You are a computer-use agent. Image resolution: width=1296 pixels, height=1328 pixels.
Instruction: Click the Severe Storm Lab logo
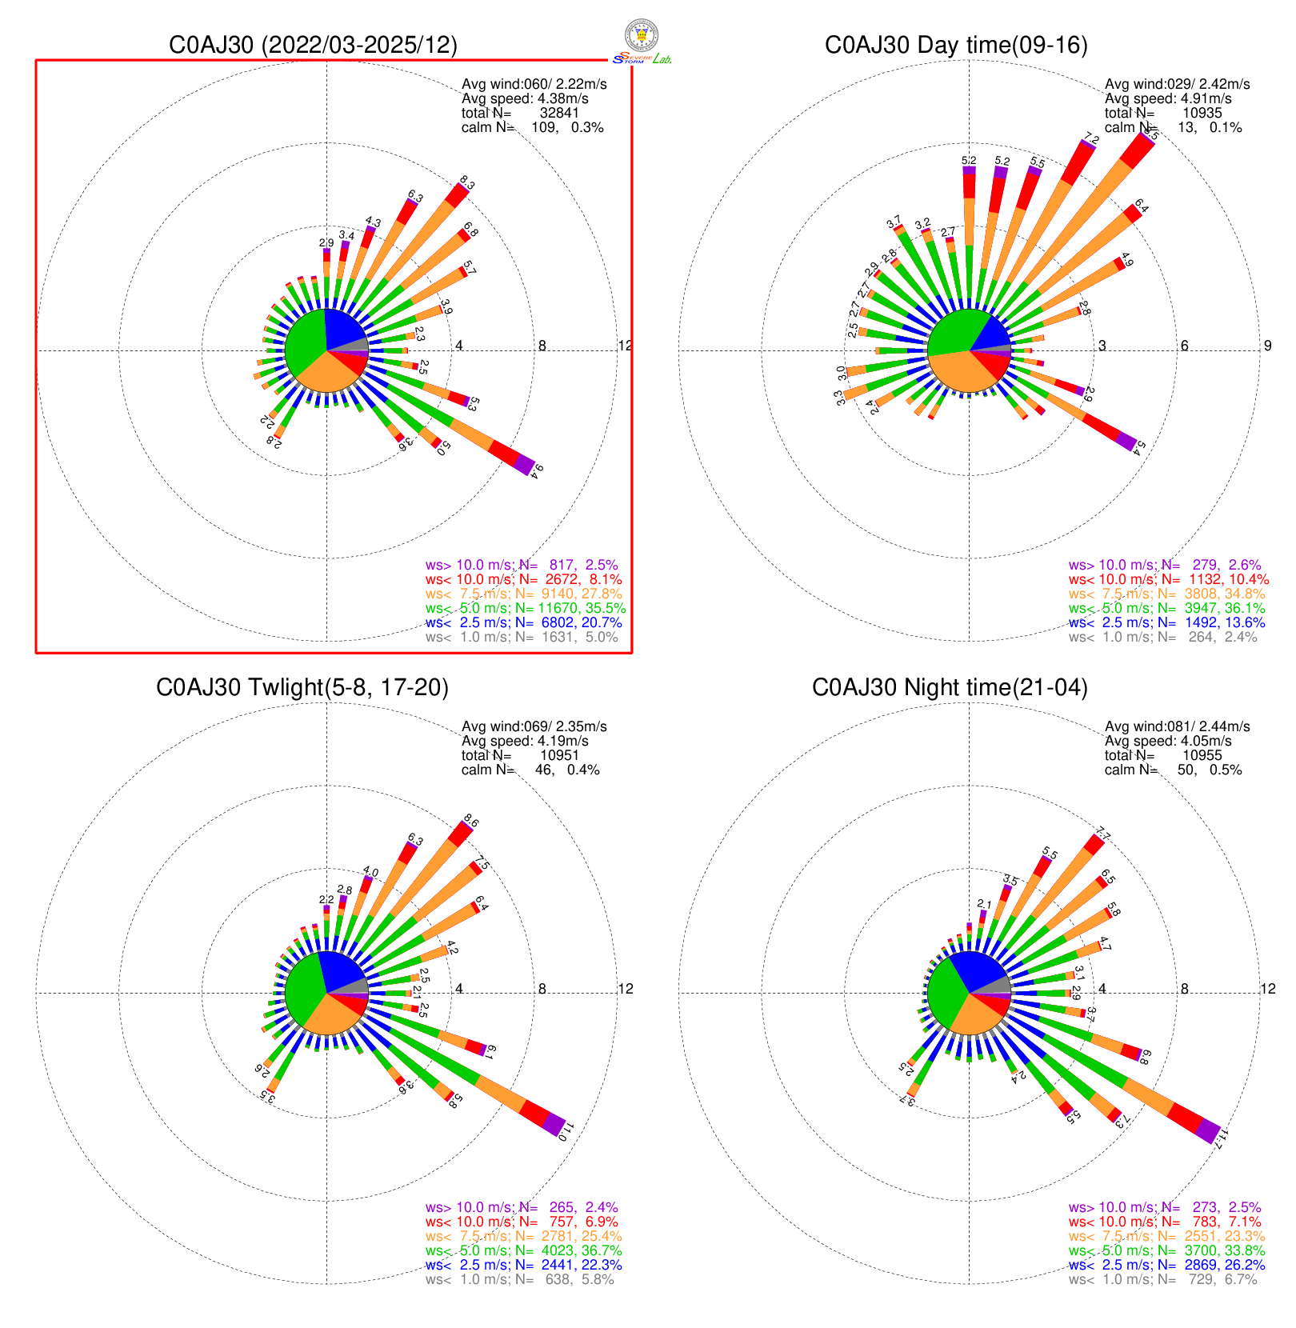click(642, 42)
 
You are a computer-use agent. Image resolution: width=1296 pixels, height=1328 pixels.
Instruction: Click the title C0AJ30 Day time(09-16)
click(956, 45)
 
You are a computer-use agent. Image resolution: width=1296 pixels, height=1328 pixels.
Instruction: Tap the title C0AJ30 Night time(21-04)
click(950, 687)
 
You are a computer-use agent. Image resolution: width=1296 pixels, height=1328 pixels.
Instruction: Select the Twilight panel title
click(302, 687)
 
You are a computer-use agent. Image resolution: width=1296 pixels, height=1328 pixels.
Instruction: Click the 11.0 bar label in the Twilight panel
click(567, 1132)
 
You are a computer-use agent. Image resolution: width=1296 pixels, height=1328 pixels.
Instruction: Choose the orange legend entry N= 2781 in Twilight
click(524, 1236)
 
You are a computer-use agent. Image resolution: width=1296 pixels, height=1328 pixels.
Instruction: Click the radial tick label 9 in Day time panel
click(1267, 346)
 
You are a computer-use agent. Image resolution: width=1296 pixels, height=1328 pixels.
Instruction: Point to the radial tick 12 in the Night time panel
click(1268, 989)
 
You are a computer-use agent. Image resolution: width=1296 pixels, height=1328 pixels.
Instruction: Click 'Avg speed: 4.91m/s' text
click(1168, 98)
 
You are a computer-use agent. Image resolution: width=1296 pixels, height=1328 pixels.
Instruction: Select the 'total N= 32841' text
click(520, 113)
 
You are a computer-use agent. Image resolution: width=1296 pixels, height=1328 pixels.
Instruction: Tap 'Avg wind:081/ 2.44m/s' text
click(1177, 726)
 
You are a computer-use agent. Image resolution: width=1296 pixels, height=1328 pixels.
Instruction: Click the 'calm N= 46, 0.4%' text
click(530, 770)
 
